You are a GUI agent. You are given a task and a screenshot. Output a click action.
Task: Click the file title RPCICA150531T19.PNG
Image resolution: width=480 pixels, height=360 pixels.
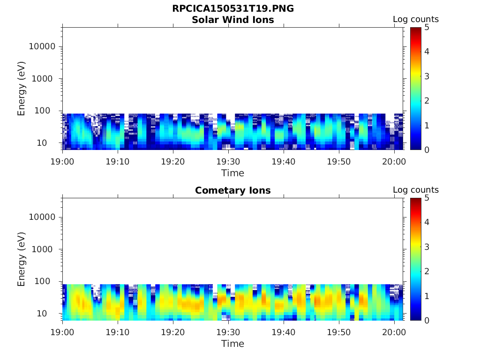(233, 8)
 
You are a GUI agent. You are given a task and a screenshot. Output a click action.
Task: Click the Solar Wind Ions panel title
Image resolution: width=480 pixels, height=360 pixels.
(233, 20)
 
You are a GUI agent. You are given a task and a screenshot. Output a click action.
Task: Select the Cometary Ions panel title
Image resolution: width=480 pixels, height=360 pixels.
(233, 190)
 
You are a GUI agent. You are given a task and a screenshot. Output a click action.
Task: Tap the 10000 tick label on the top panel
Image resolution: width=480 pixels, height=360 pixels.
(42, 46)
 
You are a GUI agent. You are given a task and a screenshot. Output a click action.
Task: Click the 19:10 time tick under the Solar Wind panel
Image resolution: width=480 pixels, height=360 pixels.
(118, 161)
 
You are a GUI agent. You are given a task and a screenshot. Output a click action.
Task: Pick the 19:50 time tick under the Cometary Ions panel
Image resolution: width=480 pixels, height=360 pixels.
(338, 332)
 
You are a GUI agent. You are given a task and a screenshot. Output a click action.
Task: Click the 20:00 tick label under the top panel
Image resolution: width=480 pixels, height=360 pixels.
(394, 161)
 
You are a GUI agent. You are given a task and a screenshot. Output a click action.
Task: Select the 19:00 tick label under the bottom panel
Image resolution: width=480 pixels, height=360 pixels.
(63, 332)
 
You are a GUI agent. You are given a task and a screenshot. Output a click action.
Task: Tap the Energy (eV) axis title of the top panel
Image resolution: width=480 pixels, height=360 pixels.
(22, 89)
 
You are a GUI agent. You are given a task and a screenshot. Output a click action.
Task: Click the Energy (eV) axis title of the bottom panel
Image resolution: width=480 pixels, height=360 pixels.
(22, 259)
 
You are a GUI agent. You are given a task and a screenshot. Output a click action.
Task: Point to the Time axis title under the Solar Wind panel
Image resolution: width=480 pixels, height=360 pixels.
(233, 173)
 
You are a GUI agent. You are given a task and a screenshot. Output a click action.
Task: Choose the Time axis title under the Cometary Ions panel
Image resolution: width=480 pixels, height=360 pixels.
(233, 344)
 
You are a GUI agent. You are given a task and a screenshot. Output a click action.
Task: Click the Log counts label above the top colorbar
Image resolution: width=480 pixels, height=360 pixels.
(416, 19)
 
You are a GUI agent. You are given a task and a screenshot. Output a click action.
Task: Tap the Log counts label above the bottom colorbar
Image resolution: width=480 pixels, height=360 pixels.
(416, 190)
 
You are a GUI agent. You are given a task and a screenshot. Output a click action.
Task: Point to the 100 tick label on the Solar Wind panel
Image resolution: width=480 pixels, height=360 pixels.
(47, 111)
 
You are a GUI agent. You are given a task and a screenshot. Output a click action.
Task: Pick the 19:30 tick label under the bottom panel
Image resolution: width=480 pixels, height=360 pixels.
(228, 332)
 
